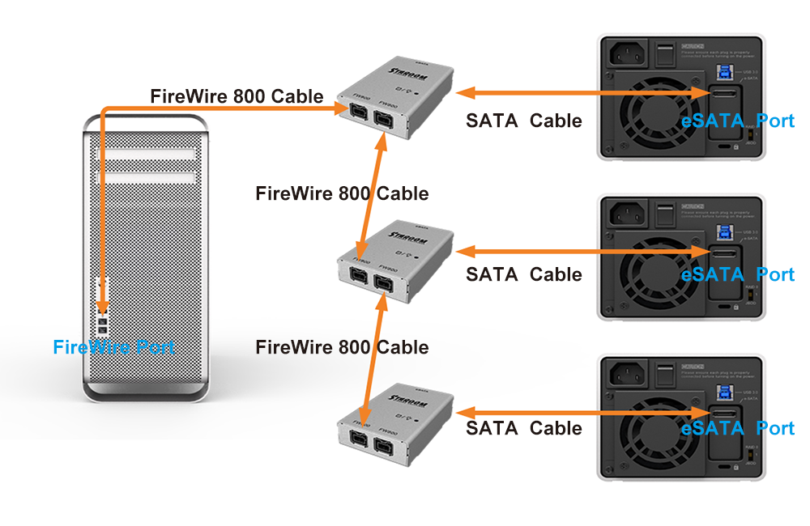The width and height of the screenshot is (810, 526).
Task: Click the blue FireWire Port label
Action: (x=113, y=347)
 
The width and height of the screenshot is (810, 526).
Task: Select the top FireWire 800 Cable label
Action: (x=237, y=96)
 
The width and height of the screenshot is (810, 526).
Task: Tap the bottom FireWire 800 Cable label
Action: (x=342, y=347)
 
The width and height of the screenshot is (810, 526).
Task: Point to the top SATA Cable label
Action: (x=523, y=121)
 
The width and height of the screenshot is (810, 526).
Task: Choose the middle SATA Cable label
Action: (x=523, y=274)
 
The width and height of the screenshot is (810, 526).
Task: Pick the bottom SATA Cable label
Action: (x=523, y=428)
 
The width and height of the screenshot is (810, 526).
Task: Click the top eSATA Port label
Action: (x=737, y=121)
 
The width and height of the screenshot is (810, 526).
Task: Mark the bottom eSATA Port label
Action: (x=737, y=428)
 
